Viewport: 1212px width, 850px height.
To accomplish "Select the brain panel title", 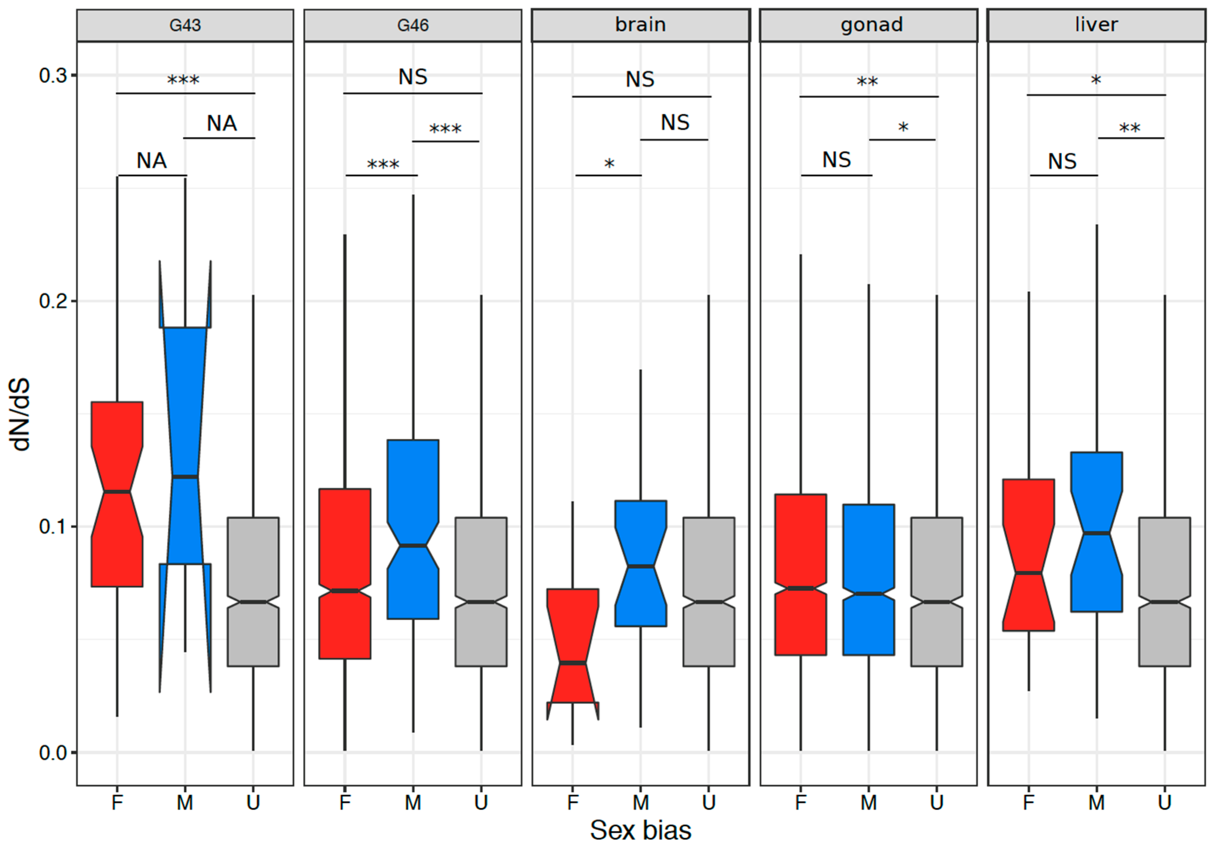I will pyautogui.click(x=640, y=25).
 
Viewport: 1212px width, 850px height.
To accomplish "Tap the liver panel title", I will pyautogui.click(x=1096, y=25).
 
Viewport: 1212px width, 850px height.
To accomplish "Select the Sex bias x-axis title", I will pyautogui.click(x=640, y=830).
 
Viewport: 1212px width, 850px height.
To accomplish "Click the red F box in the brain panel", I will pyautogui.click(x=573, y=633).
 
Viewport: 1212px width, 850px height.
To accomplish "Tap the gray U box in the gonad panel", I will pyautogui.click(x=936, y=591).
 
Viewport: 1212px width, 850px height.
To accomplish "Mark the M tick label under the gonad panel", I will pyautogui.click(x=868, y=803).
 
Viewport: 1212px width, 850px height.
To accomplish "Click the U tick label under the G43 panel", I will pyautogui.click(x=253, y=803).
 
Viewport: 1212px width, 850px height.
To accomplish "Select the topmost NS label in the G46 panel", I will pyautogui.click(x=413, y=77).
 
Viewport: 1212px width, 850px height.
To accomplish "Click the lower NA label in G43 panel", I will pyautogui.click(x=152, y=161).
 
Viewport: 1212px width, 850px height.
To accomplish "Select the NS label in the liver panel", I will pyautogui.click(x=1062, y=161).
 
